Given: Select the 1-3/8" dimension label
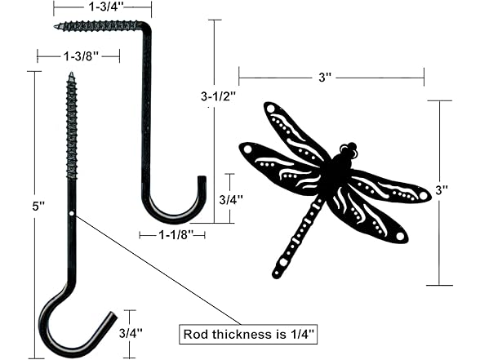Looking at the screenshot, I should pos(80,56).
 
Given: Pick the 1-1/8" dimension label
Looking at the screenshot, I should pos(172,235).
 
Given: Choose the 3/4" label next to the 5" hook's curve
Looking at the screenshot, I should pos(130,333).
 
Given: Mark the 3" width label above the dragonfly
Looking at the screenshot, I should pos(326,77).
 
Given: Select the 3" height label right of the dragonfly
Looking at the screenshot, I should pos(442,190).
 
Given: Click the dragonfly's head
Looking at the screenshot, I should pos(349,151).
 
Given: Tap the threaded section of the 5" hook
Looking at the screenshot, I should pos(70,131).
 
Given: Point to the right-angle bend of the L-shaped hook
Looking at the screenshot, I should pos(148,29).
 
